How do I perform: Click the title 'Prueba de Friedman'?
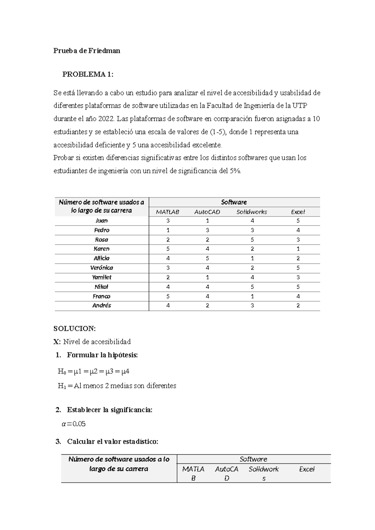coord(87,51)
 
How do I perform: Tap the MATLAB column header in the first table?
coord(168,212)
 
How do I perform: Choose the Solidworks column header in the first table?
coord(252,212)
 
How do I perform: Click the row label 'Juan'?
coord(102,221)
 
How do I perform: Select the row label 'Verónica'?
coord(102,268)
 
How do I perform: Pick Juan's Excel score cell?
coord(298,221)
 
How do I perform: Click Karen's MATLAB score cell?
coord(168,249)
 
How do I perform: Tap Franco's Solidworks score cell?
coord(252,296)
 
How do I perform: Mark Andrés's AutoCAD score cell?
coord(207,306)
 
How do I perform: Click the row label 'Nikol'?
coord(102,287)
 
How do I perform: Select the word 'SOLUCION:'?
coord(74,329)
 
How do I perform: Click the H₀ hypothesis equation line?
coord(93,372)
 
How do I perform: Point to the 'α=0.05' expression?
coord(74,424)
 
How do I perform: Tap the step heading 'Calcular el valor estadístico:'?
coord(112,442)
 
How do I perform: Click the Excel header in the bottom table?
coord(307,469)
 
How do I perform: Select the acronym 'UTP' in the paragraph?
coord(300,106)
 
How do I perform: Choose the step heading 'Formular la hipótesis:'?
coord(102,355)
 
